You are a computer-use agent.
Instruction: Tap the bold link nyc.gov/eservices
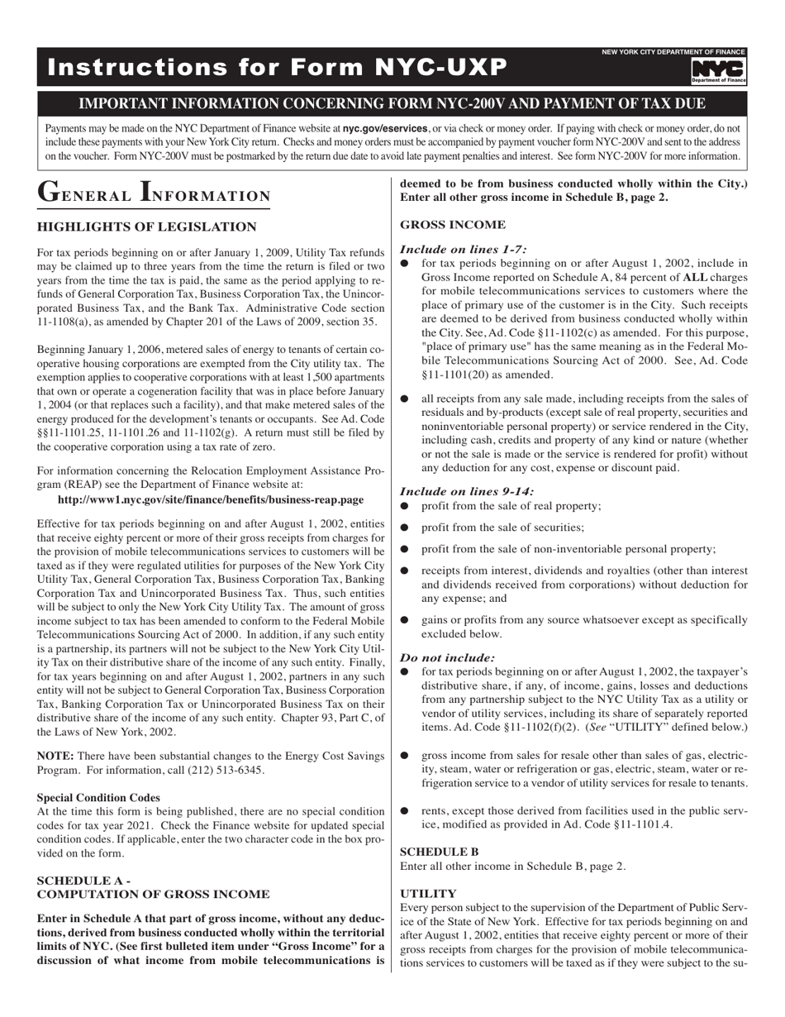point(385,129)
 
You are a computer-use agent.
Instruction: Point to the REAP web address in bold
point(211,499)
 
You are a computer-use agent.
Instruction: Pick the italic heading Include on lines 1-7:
point(463,248)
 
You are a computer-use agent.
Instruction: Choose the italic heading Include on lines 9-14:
point(466,491)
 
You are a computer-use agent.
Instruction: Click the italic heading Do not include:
point(447,657)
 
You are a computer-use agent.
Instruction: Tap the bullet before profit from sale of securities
point(405,528)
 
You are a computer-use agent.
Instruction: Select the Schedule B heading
point(439,851)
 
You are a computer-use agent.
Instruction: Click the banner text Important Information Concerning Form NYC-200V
point(392,104)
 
